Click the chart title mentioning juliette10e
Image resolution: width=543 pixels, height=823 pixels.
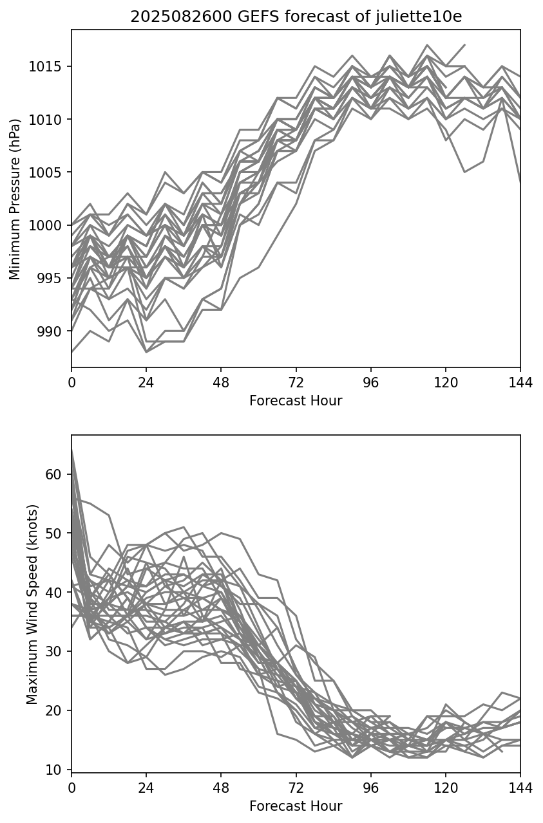click(296, 17)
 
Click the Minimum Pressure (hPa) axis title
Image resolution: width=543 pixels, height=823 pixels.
click(15, 198)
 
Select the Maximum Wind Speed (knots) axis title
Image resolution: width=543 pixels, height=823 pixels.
click(32, 604)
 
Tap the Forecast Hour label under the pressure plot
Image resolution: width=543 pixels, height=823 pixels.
click(296, 401)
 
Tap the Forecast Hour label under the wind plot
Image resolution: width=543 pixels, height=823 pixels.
click(296, 806)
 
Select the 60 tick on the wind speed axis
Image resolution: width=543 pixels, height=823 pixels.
click(54, 474)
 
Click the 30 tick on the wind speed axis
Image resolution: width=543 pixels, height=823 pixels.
click(54, 652)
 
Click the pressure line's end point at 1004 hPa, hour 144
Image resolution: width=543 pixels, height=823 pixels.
click(520, 183)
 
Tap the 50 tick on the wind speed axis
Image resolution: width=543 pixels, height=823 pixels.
click(54, 533)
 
